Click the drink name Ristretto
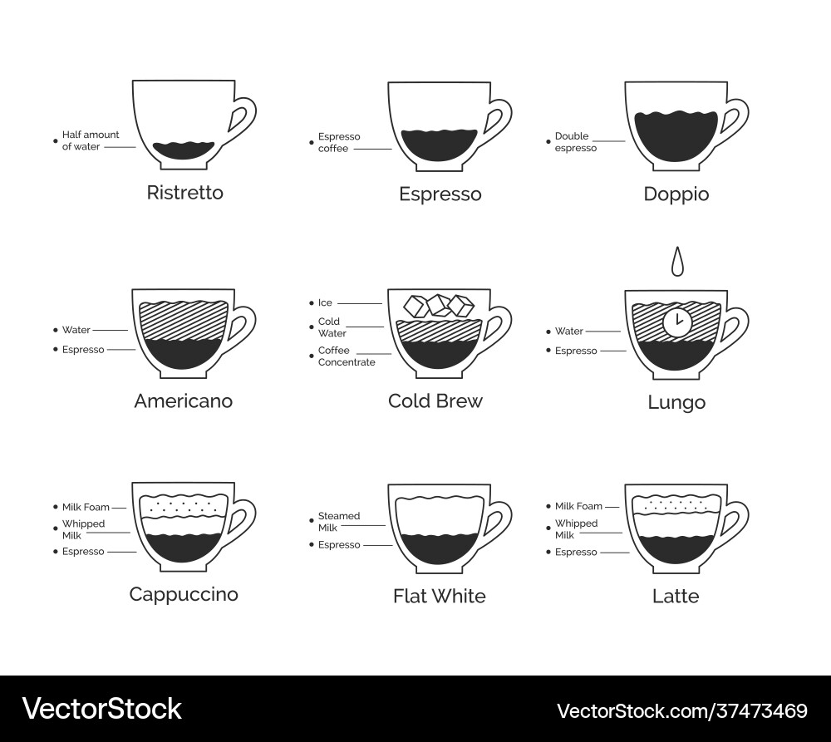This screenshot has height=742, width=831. pyautogui.click(x=184, y=193)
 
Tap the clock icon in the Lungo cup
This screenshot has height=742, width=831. pyautogui.click(x=676, y=322)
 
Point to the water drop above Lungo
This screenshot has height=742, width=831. pyautogui.click(x=678, y=262)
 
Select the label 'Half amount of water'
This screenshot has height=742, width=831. pyautogui.click(x=91, y=140)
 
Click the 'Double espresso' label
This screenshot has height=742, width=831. pyautogui.click(x=576, y=142)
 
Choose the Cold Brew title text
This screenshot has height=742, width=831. pyautogui.click(x=435, y=401)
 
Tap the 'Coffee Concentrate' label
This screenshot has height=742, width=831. pyautogui.click(x=347, y=356)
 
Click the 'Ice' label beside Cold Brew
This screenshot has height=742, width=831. pyautogui.click(x=325, y=303)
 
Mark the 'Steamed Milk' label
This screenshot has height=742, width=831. pyautogui.click(x=339, y=521)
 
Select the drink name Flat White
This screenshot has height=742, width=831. pyautogui.click(x=439, y=596)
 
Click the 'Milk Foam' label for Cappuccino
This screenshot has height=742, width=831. pyautogui.click(x=86, y=507)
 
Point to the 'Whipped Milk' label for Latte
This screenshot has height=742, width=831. pyautogui.click(x=576, y=529)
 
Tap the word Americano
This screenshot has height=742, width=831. pyautogui.click(x=183, y=401)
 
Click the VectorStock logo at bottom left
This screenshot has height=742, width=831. pyautogui.click(x=101, y=709)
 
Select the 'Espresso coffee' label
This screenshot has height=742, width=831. pyautogui.click(x=339, y=142)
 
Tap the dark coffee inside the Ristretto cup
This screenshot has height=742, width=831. pyautogui.click(x=184, y=150)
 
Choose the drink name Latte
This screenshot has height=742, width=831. pyautogui.click(x=676, y=596)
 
